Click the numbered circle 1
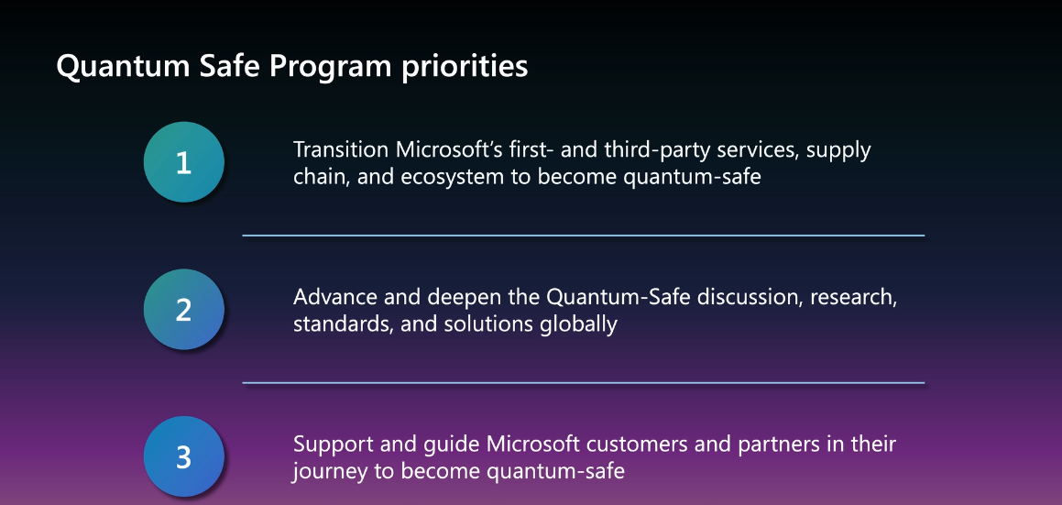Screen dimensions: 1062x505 (183, 162)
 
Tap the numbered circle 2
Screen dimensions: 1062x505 (183, 309)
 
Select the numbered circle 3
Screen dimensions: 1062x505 (183, 456)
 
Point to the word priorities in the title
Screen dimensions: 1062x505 (465, 67)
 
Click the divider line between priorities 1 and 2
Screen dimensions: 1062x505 (583, 236)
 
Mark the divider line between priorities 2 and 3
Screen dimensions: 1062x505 (583, 383)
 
